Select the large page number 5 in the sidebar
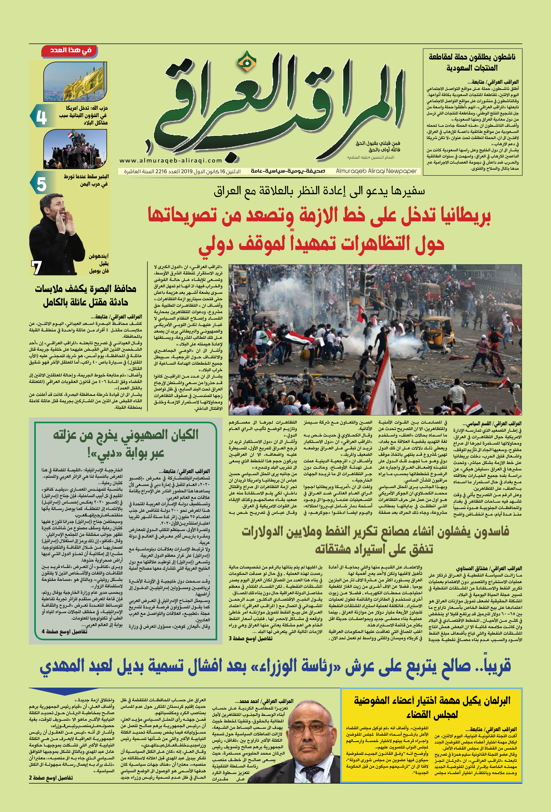(x=41, y=184)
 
